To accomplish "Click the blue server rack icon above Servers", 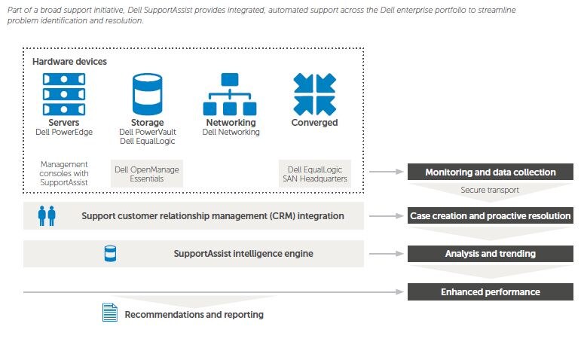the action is click(x=64, y=94).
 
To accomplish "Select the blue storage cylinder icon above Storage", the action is click(x=148, y=94).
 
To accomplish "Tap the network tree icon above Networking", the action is click(x=230, y=94).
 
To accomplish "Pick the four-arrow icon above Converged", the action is click(x=315, y=94).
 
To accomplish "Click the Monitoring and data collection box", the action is click(x=490, y=172).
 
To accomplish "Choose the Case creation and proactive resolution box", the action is click(x=490, y=216).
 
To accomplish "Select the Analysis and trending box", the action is click(x=490, y=254).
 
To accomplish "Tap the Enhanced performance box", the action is click(x=490, y=292).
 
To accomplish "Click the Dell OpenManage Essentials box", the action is click(x=147, y=174).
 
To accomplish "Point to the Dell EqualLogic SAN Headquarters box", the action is click(x=315, y=174).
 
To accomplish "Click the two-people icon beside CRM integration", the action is click(x=47, y=216).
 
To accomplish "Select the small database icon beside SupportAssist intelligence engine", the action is click(x=110, y=254).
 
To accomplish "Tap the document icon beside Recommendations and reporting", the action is click(x=110, y=313).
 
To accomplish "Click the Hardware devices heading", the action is click(x=69, y=62).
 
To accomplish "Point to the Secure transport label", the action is click(x=490, y=190).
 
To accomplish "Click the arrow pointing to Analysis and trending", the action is click(x=387, y=254).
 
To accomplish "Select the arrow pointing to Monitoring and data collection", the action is click(x=387, y=172).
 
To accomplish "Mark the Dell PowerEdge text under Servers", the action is click(x=64, y=132).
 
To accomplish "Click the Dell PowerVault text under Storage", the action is click(x=148, y=132).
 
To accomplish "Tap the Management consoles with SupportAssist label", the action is click(x=64, y=173).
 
